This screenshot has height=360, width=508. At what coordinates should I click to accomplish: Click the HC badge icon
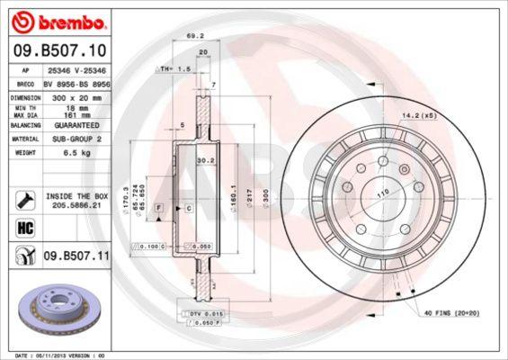click(24, 227)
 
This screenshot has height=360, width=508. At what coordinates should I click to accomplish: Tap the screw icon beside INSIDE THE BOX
click(24, 199)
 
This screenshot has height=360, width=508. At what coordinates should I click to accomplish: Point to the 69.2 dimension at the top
click(191, 37)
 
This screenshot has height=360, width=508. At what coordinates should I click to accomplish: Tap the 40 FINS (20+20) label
click(449, 312)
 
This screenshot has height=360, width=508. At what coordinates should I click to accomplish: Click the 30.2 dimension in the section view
click(204, 161)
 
